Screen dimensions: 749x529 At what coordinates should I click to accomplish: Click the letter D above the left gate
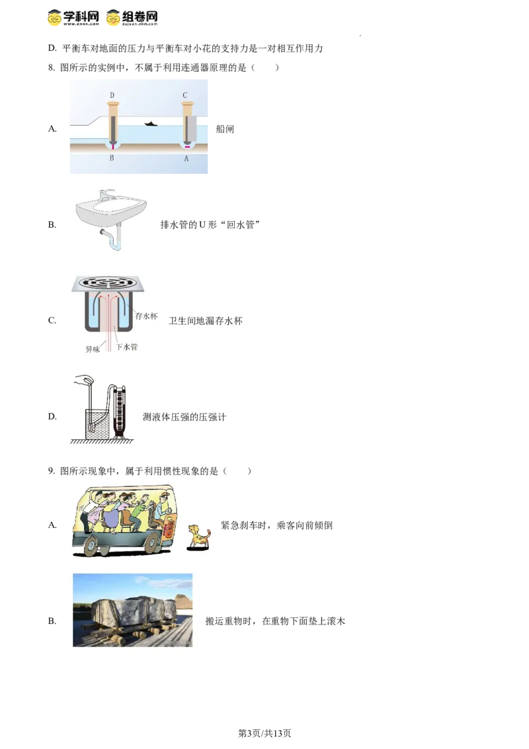pos(112,95)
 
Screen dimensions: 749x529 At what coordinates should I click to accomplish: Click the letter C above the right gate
pos(185,95)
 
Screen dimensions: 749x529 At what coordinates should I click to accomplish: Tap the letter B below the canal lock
pos(112,159)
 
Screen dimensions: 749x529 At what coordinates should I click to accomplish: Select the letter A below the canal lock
pos(186,159)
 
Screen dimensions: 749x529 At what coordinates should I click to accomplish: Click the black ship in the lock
pos(151,123)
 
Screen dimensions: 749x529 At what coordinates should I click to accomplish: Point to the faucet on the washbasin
pos(106,195)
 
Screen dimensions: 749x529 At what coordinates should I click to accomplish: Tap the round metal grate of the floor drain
pos(107,282)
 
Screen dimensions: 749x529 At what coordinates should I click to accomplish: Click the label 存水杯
pos(146,316)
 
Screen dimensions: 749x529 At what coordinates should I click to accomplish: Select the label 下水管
pos(128,347)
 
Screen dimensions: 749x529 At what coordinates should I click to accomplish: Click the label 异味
pos(93,349)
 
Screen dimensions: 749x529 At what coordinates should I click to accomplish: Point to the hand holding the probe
pos(84,382)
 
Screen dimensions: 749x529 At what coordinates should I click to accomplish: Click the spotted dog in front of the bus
pos(198,536)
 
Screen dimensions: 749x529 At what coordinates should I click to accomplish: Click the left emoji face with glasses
pos(56,17)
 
